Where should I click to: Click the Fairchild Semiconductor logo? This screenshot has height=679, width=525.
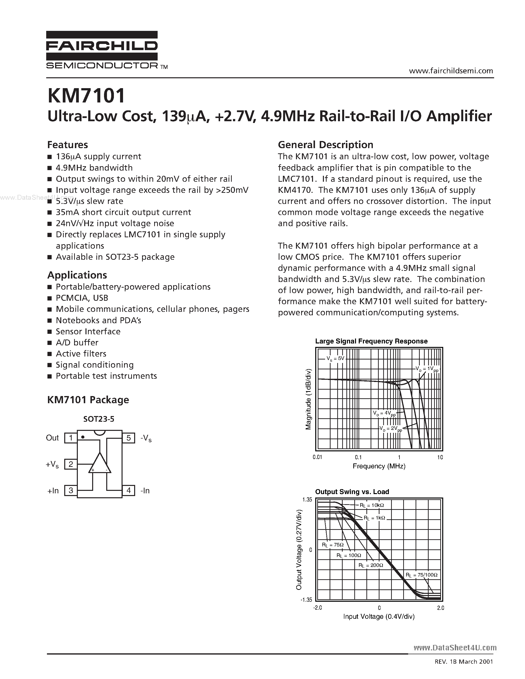pos(102,50)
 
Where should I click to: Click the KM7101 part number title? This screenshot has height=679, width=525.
pos(86,96)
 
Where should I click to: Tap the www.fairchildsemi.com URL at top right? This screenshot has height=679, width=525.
pos(451,71)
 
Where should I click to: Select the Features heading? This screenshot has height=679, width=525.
pos(67,145)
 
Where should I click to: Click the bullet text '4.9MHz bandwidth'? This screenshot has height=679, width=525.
pos(94,168)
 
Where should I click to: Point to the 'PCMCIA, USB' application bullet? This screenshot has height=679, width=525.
pos(82,298)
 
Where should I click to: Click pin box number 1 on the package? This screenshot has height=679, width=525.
pos(71,438)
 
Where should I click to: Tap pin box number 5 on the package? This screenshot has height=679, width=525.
pos(128,438)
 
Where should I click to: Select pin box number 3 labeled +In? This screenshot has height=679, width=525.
pos(71,491)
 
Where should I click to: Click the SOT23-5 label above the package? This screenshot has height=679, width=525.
pos(99,419)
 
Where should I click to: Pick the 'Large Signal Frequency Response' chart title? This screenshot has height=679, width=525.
pos(371,341)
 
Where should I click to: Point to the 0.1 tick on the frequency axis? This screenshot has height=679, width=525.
pos(358,457)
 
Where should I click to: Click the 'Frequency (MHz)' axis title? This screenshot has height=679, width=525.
pos(379,466)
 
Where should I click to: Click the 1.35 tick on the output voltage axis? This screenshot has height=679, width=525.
pos(307,499)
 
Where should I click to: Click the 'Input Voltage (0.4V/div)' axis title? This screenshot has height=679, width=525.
pos(379,617)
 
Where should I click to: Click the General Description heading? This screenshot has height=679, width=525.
pos(325,145)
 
